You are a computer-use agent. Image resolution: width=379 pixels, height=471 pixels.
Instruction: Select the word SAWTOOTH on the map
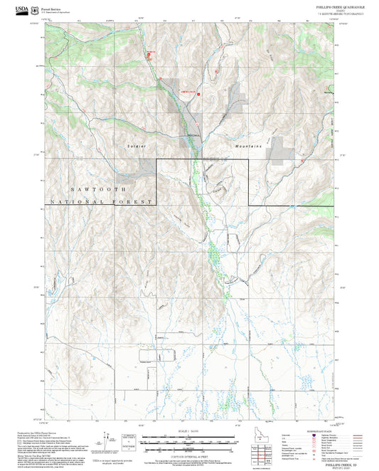click(100, 190)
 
